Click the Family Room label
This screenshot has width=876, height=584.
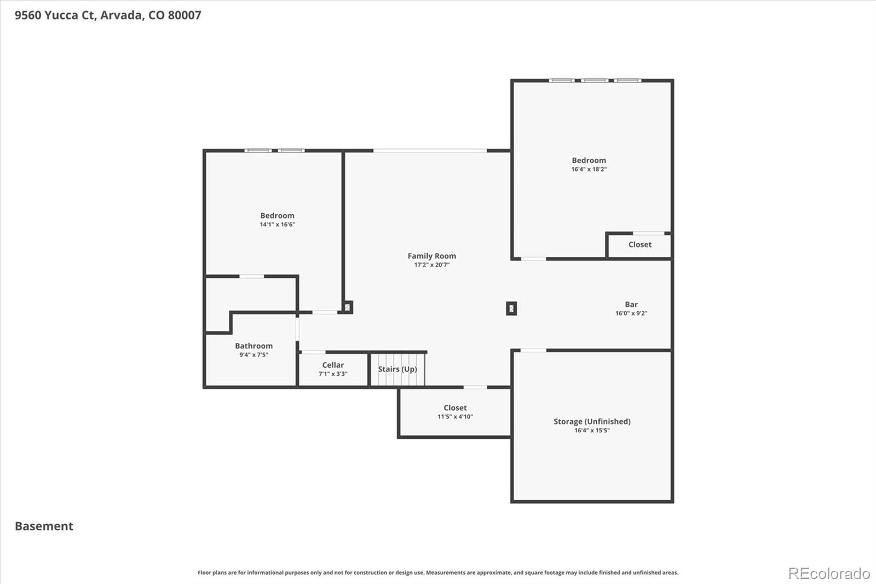point(431,256)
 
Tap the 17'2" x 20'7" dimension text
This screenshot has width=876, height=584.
point(431,265)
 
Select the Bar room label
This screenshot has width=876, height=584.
point(631,305)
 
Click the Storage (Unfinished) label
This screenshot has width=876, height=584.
point(592,421)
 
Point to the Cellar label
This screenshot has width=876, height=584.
point(333,365)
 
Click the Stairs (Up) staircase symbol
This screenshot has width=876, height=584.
point(397,369)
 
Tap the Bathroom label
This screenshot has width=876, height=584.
point(253,346)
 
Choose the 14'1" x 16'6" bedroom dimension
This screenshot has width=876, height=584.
point(277,225)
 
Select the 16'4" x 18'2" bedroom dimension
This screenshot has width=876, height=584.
point(589,169)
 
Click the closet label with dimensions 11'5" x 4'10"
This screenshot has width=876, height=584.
point(455,408)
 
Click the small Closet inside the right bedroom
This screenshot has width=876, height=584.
point(639,245)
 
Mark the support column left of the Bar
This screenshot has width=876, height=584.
point(511,308)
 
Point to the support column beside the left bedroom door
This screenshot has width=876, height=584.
point(348,307)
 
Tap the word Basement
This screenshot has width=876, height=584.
point(44,526)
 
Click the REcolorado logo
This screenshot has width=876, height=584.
point(829,574)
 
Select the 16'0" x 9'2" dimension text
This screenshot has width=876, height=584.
point(631,313)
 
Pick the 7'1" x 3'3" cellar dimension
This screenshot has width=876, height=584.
point(333,374)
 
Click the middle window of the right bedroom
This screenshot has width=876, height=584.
point(594,81)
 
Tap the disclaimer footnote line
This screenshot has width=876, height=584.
point(437,572)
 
